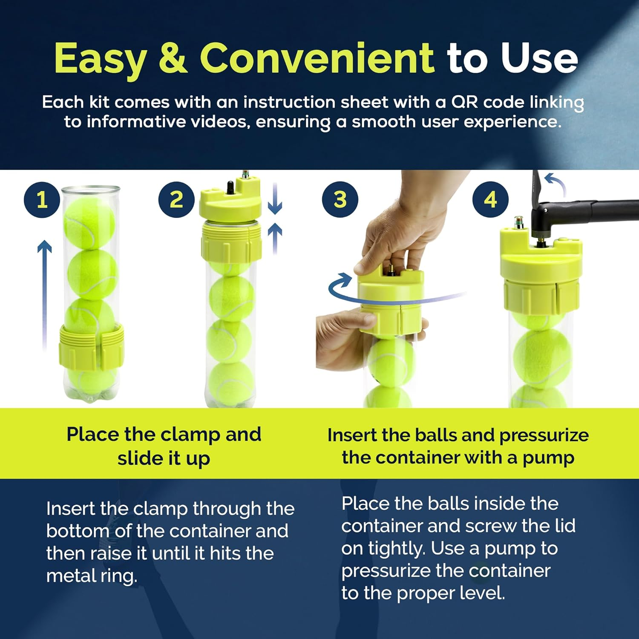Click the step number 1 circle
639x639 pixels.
pos(42,200)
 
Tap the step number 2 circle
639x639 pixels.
pos(176,200)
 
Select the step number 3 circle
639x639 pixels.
pos(340,200)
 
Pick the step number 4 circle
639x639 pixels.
pos(490,200)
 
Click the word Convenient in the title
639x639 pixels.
pos(317,58)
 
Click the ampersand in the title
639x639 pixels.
pos(173,58)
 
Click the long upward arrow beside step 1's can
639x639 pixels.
pos(44,294)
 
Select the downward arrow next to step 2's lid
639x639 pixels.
pos(275,199)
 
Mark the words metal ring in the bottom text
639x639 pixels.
pos(92,576)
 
